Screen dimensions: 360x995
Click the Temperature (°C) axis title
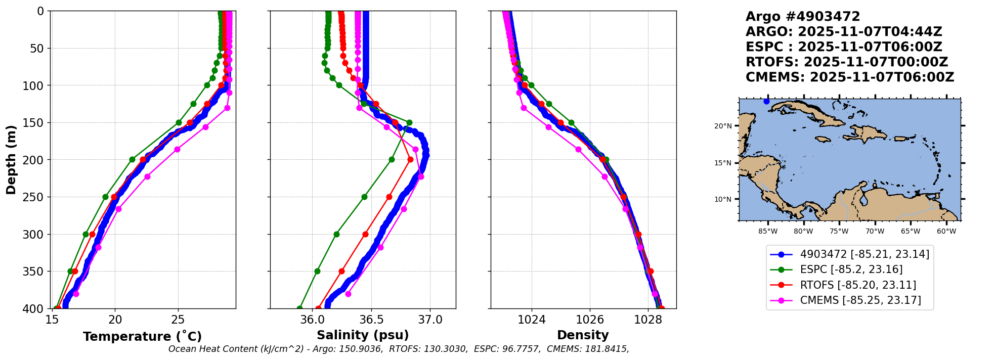click(142, 337)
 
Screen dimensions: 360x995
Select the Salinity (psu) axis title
click(363, 335)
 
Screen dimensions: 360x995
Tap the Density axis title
click(583, 335)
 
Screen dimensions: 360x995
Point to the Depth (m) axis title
click(11, 160)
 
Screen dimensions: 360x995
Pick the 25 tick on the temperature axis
click(178, 320)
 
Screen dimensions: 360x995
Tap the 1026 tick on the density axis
click(590, 320)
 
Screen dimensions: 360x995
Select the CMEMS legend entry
click(860, 300)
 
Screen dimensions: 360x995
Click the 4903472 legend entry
click(864, 254)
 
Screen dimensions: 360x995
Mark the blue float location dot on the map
click(766, 102)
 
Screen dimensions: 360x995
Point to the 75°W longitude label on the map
click(839, 232)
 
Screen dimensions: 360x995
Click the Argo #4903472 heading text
click(802, 17)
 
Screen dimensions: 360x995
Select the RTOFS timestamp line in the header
click(846, 62)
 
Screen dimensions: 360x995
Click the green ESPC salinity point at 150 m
click(409, 123)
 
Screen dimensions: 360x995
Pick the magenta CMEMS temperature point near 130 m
click(227, 108)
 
